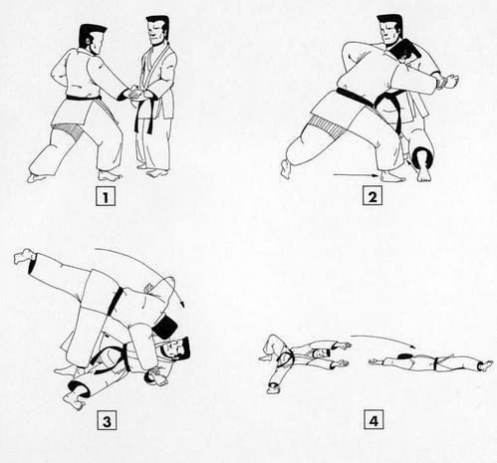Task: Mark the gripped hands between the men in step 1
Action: pos(137,95)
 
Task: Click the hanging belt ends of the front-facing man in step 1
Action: pos(149,118)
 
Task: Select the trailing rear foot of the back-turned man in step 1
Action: pos(36,177)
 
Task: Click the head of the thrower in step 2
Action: pos(389,31)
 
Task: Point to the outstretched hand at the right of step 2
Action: pos(450,82)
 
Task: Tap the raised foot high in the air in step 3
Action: pos(22,258)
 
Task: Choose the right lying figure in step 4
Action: pos(428,361)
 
